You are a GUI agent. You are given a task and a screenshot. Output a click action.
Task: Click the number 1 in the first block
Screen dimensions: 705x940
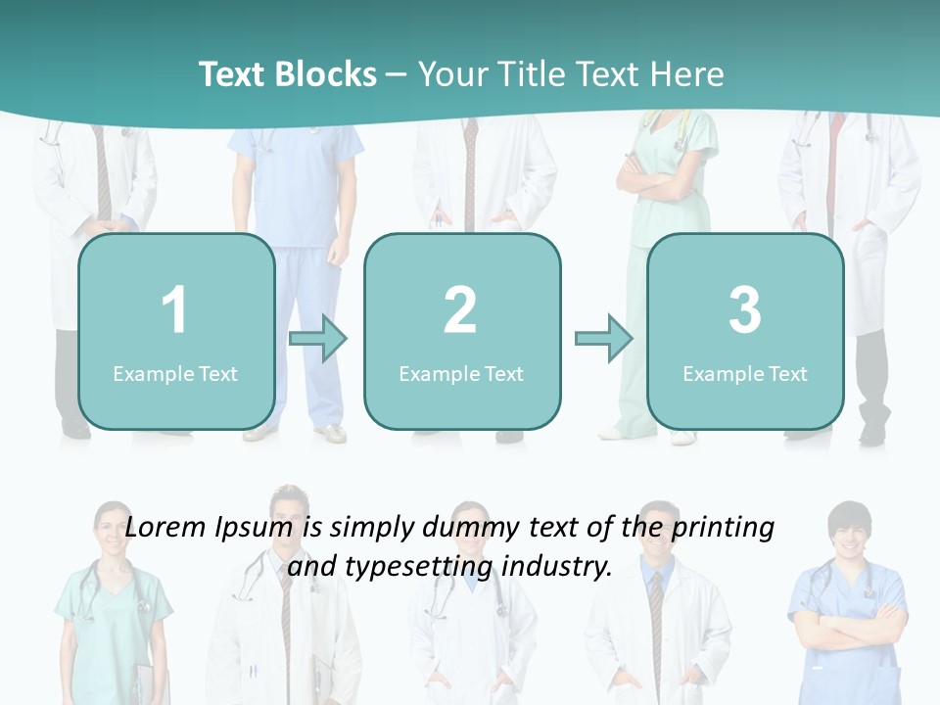point(174,310)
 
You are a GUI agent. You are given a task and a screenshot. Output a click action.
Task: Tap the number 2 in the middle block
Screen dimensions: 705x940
point(460,310)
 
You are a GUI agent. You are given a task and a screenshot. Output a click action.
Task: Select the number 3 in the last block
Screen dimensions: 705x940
point(745,310)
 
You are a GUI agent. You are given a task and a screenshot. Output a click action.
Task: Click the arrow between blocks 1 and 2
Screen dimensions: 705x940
point(318,339)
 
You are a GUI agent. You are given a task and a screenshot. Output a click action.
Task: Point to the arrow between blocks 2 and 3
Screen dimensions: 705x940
point(604,339)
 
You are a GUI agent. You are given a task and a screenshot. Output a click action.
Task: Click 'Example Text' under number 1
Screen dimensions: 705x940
point(175,373)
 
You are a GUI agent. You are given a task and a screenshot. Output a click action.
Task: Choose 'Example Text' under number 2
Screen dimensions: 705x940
point(461,373)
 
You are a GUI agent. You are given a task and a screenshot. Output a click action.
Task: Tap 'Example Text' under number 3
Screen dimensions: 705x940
point(745,373)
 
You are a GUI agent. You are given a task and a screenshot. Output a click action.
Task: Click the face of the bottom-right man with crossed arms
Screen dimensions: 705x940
point(847,535)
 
